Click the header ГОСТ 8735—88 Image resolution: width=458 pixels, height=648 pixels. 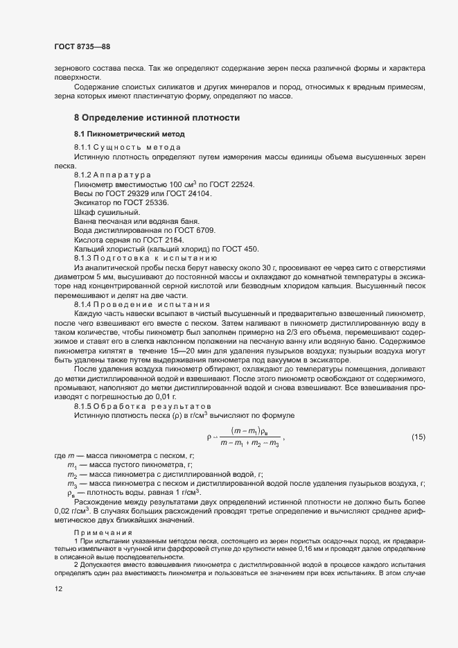coord(82,47)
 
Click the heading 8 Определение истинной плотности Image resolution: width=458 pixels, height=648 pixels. coord(157,118)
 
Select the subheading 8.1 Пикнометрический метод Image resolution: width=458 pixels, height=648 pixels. coord(130,133)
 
